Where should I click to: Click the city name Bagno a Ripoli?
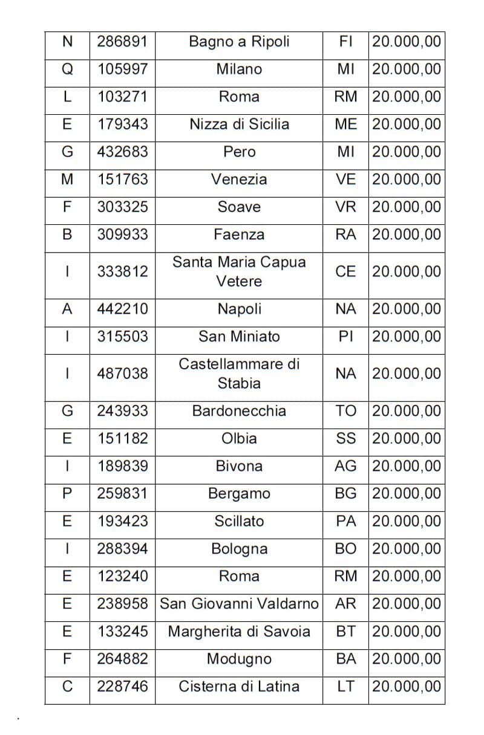point(239,42)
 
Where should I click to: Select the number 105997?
point(122,70)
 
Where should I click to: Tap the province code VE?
point(345,180)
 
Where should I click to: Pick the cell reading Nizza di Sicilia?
point(239,125)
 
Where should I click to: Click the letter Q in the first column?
point(67,70)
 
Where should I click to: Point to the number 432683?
point(122,152)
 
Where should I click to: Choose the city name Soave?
point(239,207)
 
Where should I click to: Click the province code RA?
point(345,235)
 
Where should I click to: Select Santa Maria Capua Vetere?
point(239,271)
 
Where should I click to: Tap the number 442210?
point(122,309)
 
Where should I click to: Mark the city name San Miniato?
point(239,337)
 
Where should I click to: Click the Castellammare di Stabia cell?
point(239,374)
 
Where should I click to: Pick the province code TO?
point(345,411)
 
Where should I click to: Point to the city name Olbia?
point(239,439)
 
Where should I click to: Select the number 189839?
point(122,466)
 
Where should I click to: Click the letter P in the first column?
point(67,494)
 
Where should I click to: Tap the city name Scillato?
point(239,521)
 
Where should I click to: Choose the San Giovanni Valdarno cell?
point(239,604)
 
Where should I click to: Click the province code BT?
point(345,632)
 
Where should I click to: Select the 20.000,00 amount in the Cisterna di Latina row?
point(407,687)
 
